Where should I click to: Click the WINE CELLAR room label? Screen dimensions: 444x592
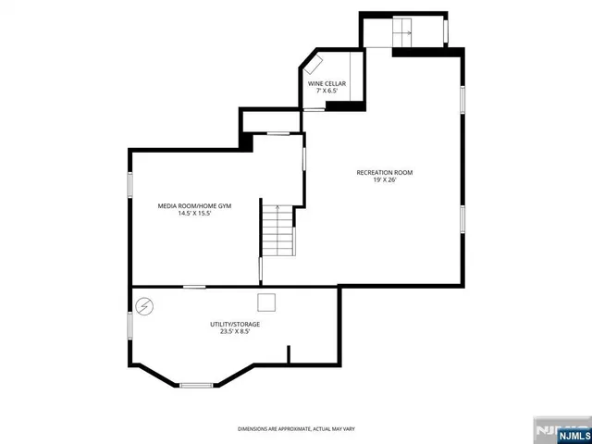pyautogui.click(x=327, y=83)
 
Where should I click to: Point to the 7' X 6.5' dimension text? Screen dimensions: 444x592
pyautogui.click(x=327, y=92)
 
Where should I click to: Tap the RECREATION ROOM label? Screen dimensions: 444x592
pyautogui.click(x=385, y=173)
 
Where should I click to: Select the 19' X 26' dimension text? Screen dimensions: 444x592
pyautogui.click(x=385, y=181)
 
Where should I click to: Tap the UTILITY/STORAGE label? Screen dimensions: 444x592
pyautogui.click(x=234, y=324)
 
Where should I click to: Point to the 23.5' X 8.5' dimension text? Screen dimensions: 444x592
pyautogui.click(x=234, y=332)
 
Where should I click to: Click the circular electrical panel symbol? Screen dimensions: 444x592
pyautogui.click(x=145, y=305)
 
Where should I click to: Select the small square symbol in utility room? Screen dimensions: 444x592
pyautogui.click(x=266, y=302)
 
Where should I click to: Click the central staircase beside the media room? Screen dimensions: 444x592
pyautogui.click(x=277, y=231)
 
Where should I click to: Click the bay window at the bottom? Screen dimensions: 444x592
pyautogui.click(x=195, y=384)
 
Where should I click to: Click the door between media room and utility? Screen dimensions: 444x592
pyautogui.click(x=194, y=287)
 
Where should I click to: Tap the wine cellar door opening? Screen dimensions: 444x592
pyautogui.click(x=315, y=109)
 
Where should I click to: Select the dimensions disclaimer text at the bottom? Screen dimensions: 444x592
pyautogui.click(x=296, y=429)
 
